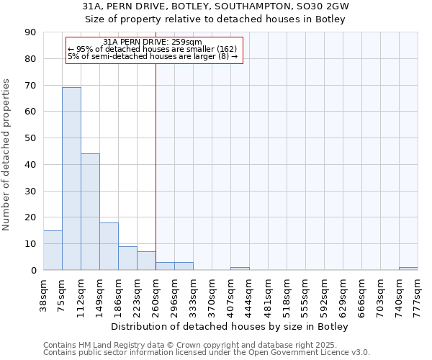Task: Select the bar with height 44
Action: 90,212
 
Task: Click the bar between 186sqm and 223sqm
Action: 127,258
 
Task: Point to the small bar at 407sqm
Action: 240,269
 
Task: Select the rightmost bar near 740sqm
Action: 408,269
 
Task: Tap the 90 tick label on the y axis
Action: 30,32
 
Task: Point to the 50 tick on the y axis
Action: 30,138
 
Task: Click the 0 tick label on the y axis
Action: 33,271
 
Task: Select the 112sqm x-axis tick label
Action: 81,294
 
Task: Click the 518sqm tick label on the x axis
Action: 287,294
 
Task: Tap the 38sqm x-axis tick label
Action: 44,294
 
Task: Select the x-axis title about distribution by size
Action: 230,327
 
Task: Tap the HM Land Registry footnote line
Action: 205,345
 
